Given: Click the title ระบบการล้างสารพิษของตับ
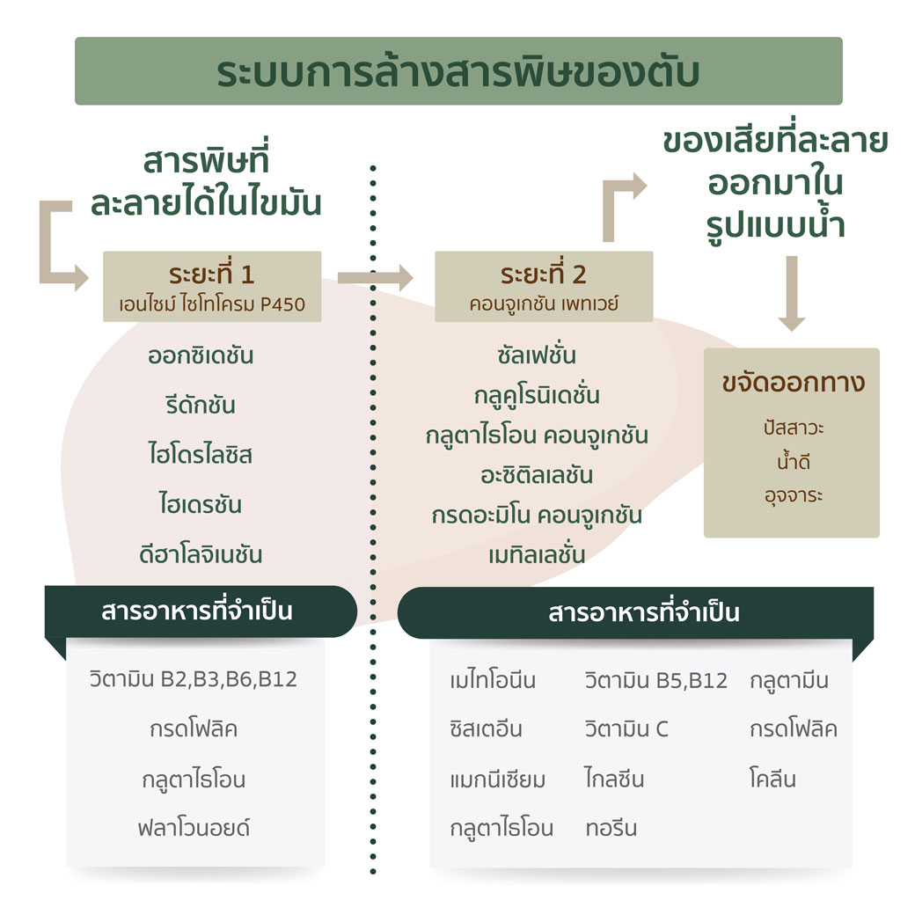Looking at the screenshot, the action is [458, 72].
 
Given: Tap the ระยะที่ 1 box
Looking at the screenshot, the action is [212, 287].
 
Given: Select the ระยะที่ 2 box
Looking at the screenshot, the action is [544, 287].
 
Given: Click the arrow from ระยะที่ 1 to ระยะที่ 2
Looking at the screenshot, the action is [375, 278].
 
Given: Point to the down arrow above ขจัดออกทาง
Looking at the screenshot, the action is [792, 294].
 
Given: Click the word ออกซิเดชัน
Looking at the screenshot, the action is [201, 355].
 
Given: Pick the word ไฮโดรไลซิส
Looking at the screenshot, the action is [201, 455].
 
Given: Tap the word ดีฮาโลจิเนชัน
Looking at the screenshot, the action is [201, 554].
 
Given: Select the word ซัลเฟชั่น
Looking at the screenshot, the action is [537, 355].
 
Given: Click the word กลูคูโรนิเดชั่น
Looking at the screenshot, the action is [537, 395].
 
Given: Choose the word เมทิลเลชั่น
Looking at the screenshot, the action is [537, 554].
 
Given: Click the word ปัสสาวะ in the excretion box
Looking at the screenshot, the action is [794, 428].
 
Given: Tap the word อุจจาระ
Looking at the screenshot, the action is [794, 496].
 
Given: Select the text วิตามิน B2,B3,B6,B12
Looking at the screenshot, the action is [194, 679].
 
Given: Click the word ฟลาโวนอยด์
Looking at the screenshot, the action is [194, 828].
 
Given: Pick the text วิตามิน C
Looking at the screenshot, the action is [626, 728].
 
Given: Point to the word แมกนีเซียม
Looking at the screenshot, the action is [497, 780].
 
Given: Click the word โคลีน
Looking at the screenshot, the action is [772, 779].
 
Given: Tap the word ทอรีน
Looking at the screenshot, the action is [611, 828].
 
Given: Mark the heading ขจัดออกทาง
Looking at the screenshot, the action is [794, 383].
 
